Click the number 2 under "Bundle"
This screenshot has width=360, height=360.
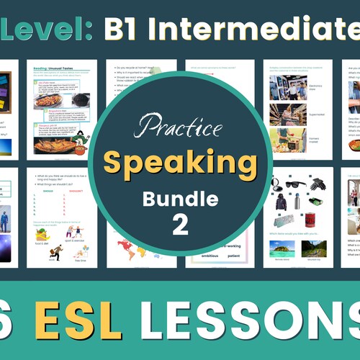coord(179,225)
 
